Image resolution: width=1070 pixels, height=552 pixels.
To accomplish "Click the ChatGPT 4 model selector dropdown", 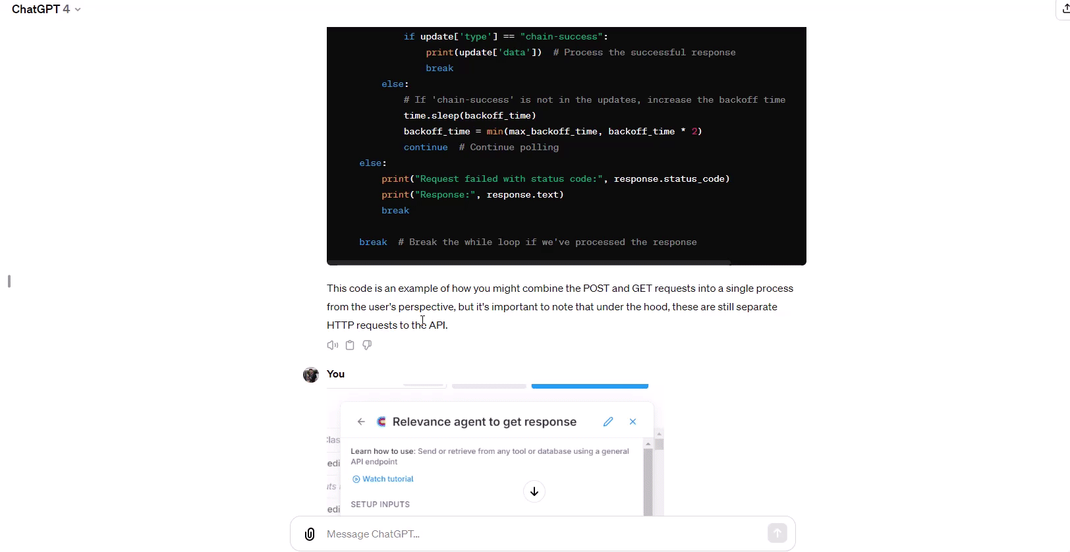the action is tap(46, 9).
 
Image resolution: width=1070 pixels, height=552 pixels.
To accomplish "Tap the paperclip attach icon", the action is tap(310, 534).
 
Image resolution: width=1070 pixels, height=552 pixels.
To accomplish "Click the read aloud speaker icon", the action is tap(333, 345).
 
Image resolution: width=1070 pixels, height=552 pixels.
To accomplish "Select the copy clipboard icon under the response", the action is tap(350, 345).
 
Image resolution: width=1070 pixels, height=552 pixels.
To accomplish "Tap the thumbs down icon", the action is tap(367, 345).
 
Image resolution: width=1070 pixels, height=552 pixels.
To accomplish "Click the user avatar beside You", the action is tap(311, 374).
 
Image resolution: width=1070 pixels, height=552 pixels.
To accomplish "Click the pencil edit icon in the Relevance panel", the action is tap(608, 422).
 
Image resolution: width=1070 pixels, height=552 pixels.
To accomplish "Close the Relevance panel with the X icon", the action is tap(633, 422).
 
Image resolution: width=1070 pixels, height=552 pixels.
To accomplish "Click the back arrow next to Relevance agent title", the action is tap(361, 422).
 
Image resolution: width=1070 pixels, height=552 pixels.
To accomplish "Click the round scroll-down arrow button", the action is tap(534, 491).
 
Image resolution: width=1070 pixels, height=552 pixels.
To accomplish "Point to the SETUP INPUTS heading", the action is tap(380, 505).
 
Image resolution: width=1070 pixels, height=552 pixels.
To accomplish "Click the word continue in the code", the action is tap(426, 147).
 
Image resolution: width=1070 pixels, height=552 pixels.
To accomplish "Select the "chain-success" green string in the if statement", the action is tap(562, 37).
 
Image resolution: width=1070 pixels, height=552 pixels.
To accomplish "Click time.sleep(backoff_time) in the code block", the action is tap(470, 115).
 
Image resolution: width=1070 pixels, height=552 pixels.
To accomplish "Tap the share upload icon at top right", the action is tap(1065, 9).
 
